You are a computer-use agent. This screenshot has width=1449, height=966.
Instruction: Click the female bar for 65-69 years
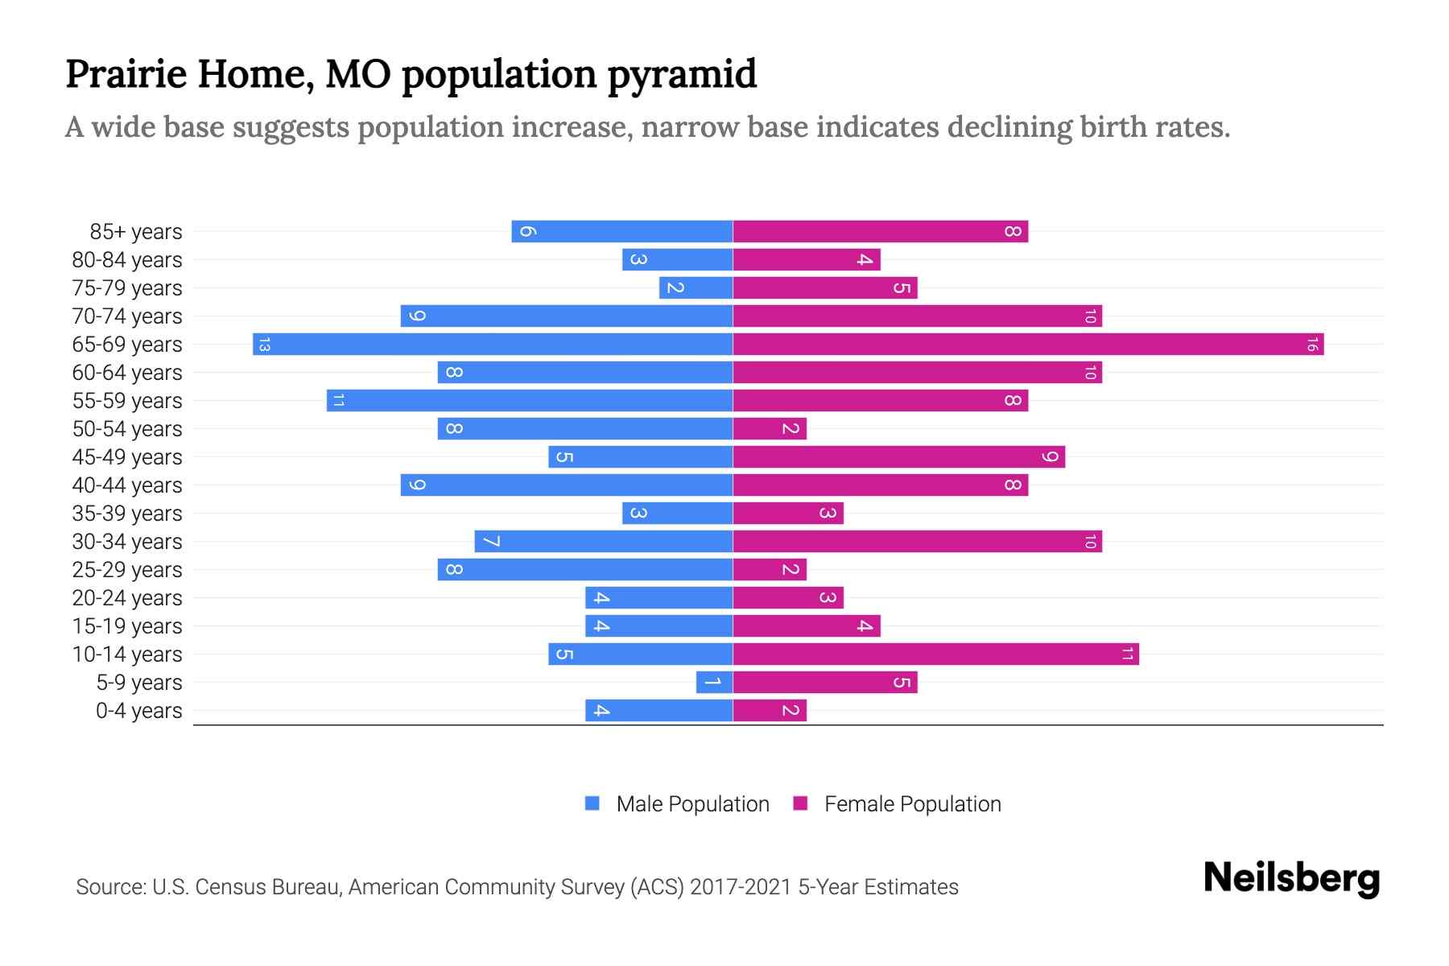pos(1028,345)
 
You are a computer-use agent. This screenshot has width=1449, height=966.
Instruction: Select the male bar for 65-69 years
pos(493,345)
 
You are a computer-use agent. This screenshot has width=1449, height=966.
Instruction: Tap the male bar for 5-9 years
pos(714,683)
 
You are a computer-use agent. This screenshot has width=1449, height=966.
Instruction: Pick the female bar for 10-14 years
pos(935,654)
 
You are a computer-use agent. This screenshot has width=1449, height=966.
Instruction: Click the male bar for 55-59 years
pos(530,401)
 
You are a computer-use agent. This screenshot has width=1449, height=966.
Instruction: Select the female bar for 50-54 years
pos(770,429)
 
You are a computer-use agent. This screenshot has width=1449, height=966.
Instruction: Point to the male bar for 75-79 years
pos(696,288)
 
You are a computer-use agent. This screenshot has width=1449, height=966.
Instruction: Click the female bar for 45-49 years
pos(898,457)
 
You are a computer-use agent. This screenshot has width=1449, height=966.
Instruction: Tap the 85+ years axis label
pos(136,232)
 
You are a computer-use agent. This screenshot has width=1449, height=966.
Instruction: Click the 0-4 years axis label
pos(138,711)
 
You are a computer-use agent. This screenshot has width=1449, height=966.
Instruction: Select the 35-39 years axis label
pos(127,514)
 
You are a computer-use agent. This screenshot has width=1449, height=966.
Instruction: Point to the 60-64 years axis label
pos(127,373)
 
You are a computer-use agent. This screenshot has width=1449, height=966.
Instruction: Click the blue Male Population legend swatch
pos(592,803)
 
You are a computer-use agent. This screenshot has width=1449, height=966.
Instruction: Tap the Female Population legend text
pos(912,804)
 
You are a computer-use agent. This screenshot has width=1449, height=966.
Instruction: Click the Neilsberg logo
pos(1291,878)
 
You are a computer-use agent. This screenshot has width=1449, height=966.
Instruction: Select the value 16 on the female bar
pos(1312,345)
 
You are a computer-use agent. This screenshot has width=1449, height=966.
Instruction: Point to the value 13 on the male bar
pos(264,345)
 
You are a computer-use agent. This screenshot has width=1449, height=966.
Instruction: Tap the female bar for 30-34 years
pos(917,542)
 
